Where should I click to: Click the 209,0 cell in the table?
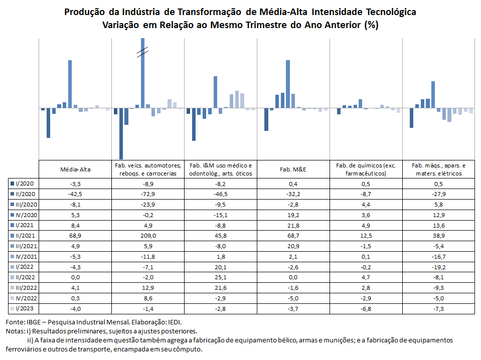tap(148, 236)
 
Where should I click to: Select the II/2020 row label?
tap(26, 194)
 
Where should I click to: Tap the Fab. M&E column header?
tap(293, 169)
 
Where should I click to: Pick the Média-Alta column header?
tap(75, 169)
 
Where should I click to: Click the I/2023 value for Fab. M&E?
tap(293, 309)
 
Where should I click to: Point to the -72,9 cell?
tap(148, 194)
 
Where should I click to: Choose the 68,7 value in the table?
tap(293, 236)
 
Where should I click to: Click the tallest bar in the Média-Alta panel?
tap(70, 84)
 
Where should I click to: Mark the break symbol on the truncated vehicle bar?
tap(142, 52)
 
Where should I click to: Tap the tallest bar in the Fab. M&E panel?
tap(288, 84)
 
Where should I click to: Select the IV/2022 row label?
tap(26, 298)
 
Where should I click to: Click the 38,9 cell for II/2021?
tap(439, 236)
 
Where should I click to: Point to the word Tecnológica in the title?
tap(391, 12)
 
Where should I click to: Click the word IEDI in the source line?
tap(175, 322)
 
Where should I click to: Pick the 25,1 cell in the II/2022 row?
tap(221, 277)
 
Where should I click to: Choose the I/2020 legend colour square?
tap(12, 184)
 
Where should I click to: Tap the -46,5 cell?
tap(221, 194)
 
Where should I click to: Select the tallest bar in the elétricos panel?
tap(433, 94)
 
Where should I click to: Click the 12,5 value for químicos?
tap(366, 236)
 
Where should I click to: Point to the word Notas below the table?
tap(15, 331)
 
